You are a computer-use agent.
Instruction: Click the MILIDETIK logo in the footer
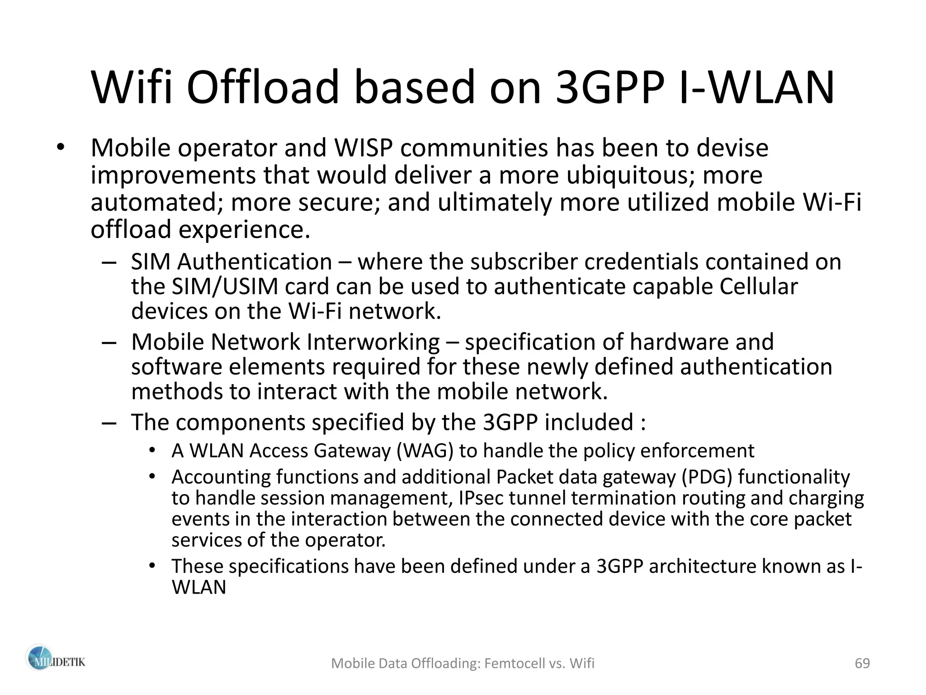55,662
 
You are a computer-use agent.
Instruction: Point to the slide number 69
862,663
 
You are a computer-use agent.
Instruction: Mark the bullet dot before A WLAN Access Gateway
152,450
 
